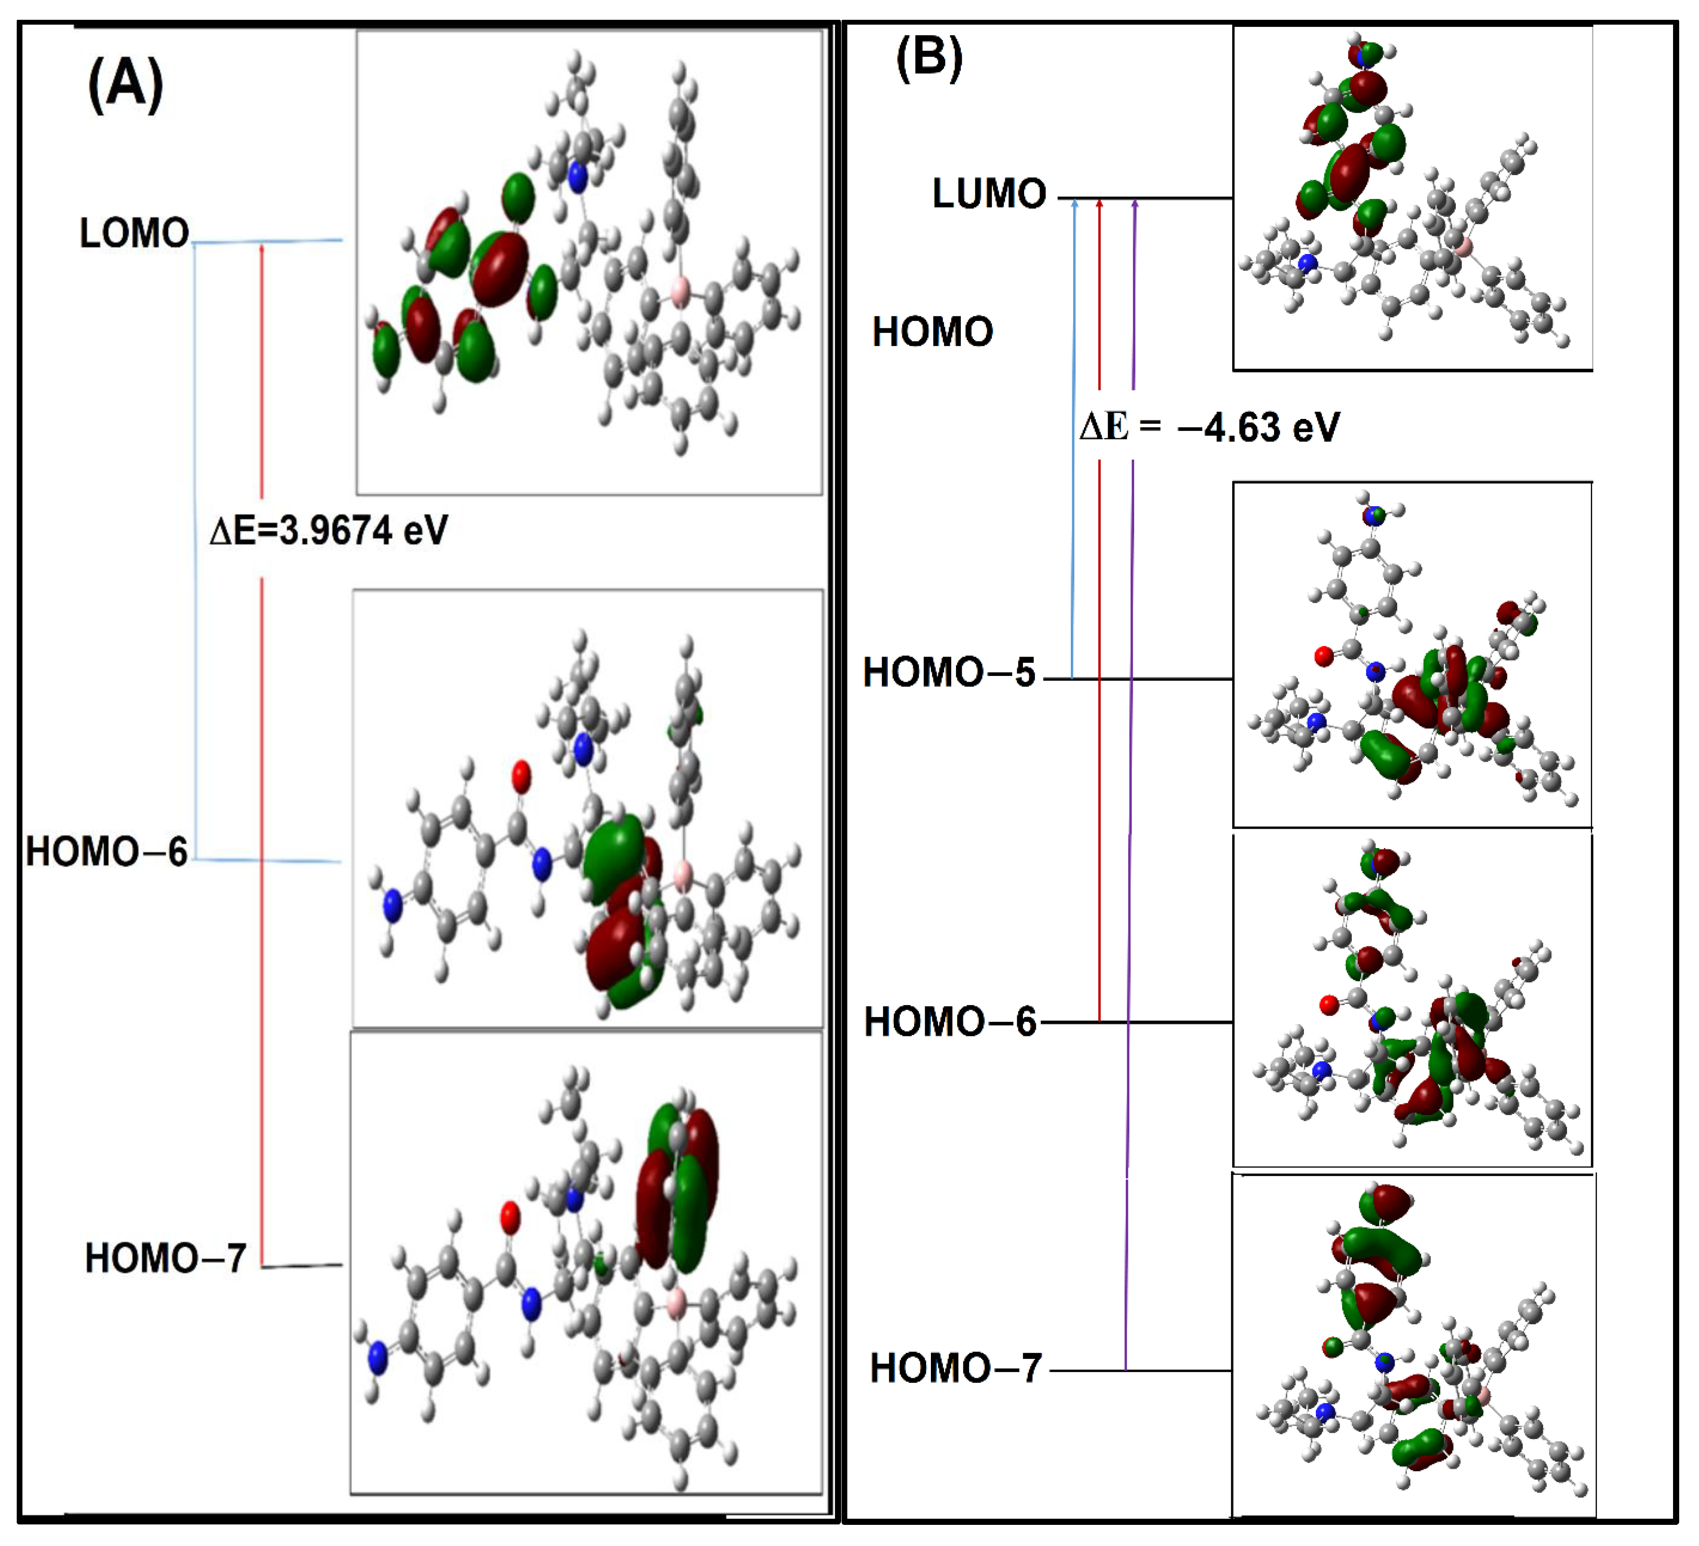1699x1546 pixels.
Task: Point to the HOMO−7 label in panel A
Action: pos(165,1259)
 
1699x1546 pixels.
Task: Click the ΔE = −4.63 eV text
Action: pos(1209,427)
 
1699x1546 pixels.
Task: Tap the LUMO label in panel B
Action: pos(989,194)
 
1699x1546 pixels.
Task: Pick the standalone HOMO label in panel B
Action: pos(932,332)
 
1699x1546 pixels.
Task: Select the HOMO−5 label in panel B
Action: pos(949,673)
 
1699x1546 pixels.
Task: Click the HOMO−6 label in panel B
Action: pos(950,1022)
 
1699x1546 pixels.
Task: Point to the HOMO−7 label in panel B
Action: pos(956,1368)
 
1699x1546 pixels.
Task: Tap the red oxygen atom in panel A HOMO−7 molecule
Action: pos(510,1216)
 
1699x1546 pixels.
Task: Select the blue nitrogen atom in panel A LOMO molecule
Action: pos(577,177)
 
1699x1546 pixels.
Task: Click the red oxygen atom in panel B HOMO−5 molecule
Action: pos(1324,656)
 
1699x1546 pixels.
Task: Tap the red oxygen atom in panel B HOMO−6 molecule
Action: pos(1329,1005)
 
